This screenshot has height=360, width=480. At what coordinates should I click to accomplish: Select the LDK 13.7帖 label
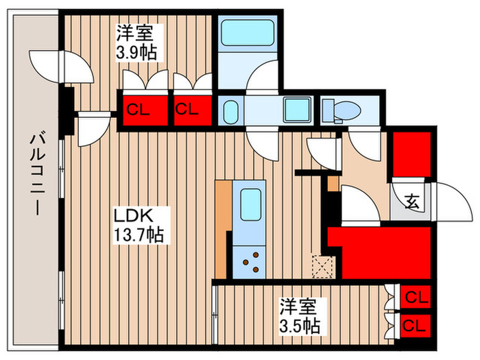138,224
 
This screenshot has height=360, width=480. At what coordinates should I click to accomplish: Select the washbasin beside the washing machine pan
230,110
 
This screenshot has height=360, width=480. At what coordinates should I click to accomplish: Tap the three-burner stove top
250,261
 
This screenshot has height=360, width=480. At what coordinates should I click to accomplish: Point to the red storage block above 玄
411,154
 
